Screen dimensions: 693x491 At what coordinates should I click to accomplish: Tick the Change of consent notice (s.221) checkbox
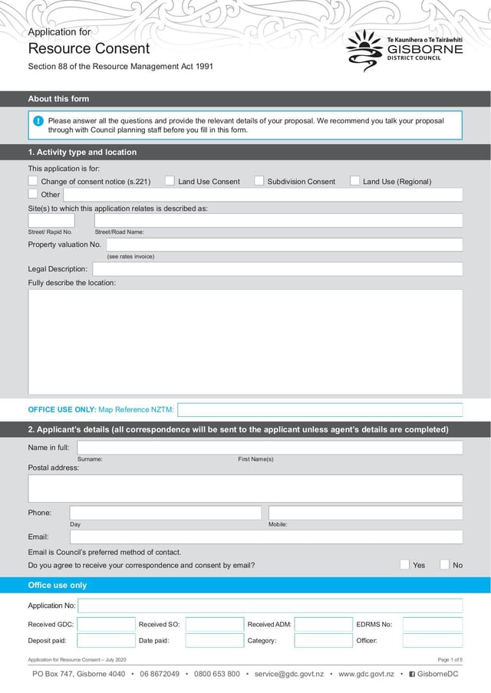click(33, 181)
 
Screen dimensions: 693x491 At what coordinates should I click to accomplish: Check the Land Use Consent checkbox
click(170, 181)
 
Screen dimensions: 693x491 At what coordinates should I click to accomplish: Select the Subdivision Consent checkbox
click(259, 181)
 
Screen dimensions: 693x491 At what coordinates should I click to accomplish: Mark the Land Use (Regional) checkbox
click(355, 181)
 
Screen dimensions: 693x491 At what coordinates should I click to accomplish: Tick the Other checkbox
click(33, 195)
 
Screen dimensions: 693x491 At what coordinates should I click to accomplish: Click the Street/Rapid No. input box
click(51, 220)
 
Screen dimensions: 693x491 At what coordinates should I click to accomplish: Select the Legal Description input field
click(277, 269)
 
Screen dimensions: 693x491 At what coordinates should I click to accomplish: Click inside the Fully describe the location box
click(245, 341)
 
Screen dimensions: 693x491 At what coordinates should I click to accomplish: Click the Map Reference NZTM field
click(320, 409)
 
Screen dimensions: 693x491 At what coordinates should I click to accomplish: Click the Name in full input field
click(269, 448)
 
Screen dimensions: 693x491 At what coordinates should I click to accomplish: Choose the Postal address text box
click(245, 488)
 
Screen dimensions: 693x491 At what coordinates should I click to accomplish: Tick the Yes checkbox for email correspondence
click(405, 565)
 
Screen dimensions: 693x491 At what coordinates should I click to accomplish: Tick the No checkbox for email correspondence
click(445, 565)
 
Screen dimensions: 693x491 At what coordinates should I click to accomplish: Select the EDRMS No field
click(432, 624)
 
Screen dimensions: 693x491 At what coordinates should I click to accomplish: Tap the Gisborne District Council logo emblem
click(364, 51)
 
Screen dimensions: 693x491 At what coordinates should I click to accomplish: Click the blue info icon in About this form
click(38, 121)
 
